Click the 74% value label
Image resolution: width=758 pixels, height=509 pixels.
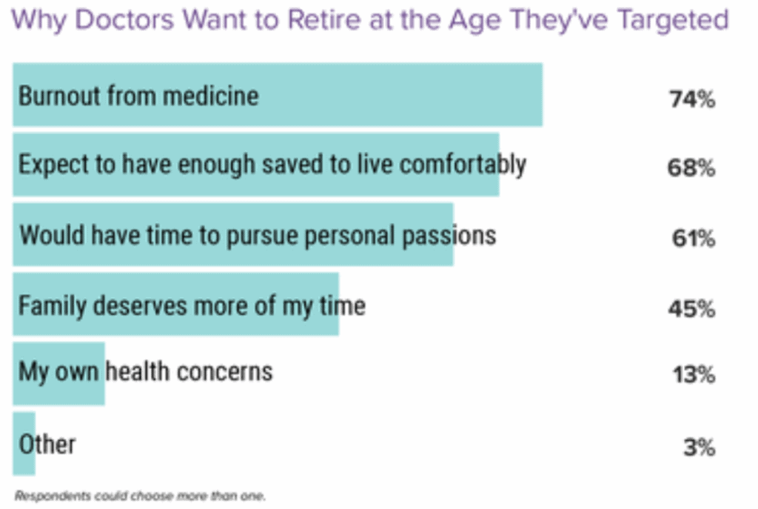(692, 99)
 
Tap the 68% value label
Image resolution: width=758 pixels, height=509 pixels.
(691, 168)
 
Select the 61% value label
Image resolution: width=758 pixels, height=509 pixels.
(693, 238)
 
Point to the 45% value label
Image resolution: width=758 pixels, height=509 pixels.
(692, 308)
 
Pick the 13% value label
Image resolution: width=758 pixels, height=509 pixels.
(694, 374)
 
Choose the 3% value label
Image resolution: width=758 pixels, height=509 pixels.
(700, 447)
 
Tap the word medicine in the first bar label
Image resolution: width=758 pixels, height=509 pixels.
(210, 96)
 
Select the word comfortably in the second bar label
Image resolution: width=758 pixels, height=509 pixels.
(463, 165)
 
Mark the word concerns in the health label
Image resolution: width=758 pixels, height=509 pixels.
(225, 372)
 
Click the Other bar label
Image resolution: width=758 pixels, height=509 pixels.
(47, 444)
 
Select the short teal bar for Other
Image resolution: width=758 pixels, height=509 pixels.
(24, 444)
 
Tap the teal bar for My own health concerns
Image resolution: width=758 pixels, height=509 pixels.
(59, 373)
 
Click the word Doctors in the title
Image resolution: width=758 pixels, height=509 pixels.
(124, 19)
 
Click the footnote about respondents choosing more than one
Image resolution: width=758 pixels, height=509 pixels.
(140, 496)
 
